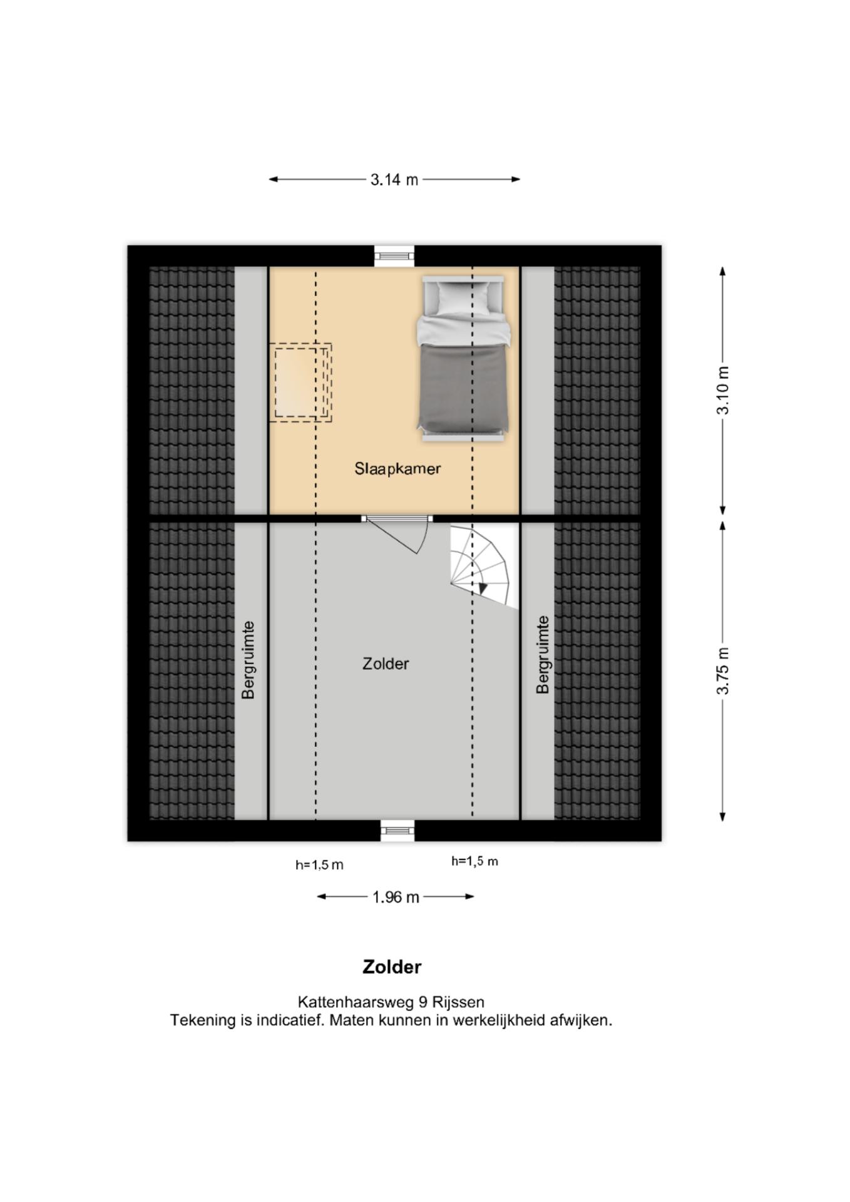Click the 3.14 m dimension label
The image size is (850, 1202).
click(394, 180)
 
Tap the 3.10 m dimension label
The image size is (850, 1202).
click(723, 391)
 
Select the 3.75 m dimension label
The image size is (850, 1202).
click(723, 671)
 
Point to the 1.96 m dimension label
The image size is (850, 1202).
click(396, 897)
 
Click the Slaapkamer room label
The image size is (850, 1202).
click(397, 469)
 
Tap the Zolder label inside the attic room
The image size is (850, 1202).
click(386, 664)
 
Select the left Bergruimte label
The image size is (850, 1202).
click(248, 660)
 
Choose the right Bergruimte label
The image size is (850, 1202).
click(543, 655)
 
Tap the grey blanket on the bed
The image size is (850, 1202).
click(463, 388)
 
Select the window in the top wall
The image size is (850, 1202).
click(394, 255)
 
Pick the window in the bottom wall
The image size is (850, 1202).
click(397, 830)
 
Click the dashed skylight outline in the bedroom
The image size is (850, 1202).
click(300, 383)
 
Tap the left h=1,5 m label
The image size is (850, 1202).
click(319, 865)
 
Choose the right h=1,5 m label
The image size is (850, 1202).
click(474, 861)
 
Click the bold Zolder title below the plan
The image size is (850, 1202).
click(392, 967)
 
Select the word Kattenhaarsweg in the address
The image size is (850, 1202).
click(356, 1002)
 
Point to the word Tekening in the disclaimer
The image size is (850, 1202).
click(202, 1020)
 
